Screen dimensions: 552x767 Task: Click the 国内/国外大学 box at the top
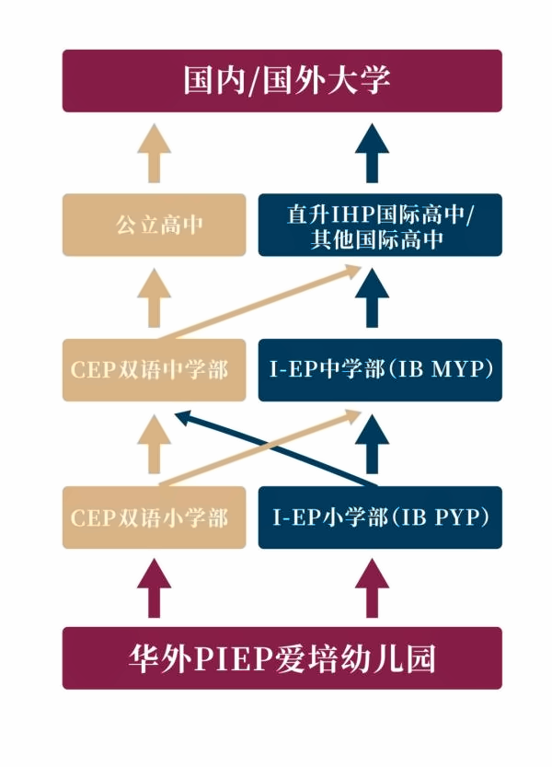[x=282, y=81]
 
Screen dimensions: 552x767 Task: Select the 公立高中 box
[x=154, y=225]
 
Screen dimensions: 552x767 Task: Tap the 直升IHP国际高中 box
[x=380, y=225]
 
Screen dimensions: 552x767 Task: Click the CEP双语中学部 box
[x=154, y=370]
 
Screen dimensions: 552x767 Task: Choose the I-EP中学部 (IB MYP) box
[x=380, y=370]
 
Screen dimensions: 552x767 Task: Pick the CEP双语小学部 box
[x=154, y=517]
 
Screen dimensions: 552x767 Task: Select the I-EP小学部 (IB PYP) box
[x=380, y=517]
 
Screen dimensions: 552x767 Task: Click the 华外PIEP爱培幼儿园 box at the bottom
[x=282, y=658]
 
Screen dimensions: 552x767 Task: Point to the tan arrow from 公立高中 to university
[x=154, y=153]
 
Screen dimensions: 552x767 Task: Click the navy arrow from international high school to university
[x=372, y=153]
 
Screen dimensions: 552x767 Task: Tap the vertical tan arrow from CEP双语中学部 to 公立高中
[x=154, y=298]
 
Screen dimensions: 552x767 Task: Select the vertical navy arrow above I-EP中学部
[x=372, y=298]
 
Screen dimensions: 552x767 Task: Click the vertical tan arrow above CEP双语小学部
[x=154, y=444]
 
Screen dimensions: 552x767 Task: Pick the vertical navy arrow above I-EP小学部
[x=372, y=444]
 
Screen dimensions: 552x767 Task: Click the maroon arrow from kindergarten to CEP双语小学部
[x=154, y=589]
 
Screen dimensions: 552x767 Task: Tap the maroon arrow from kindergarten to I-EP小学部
[x=372, y=589]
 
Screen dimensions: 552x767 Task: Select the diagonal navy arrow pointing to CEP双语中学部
[x=276, y=449]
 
